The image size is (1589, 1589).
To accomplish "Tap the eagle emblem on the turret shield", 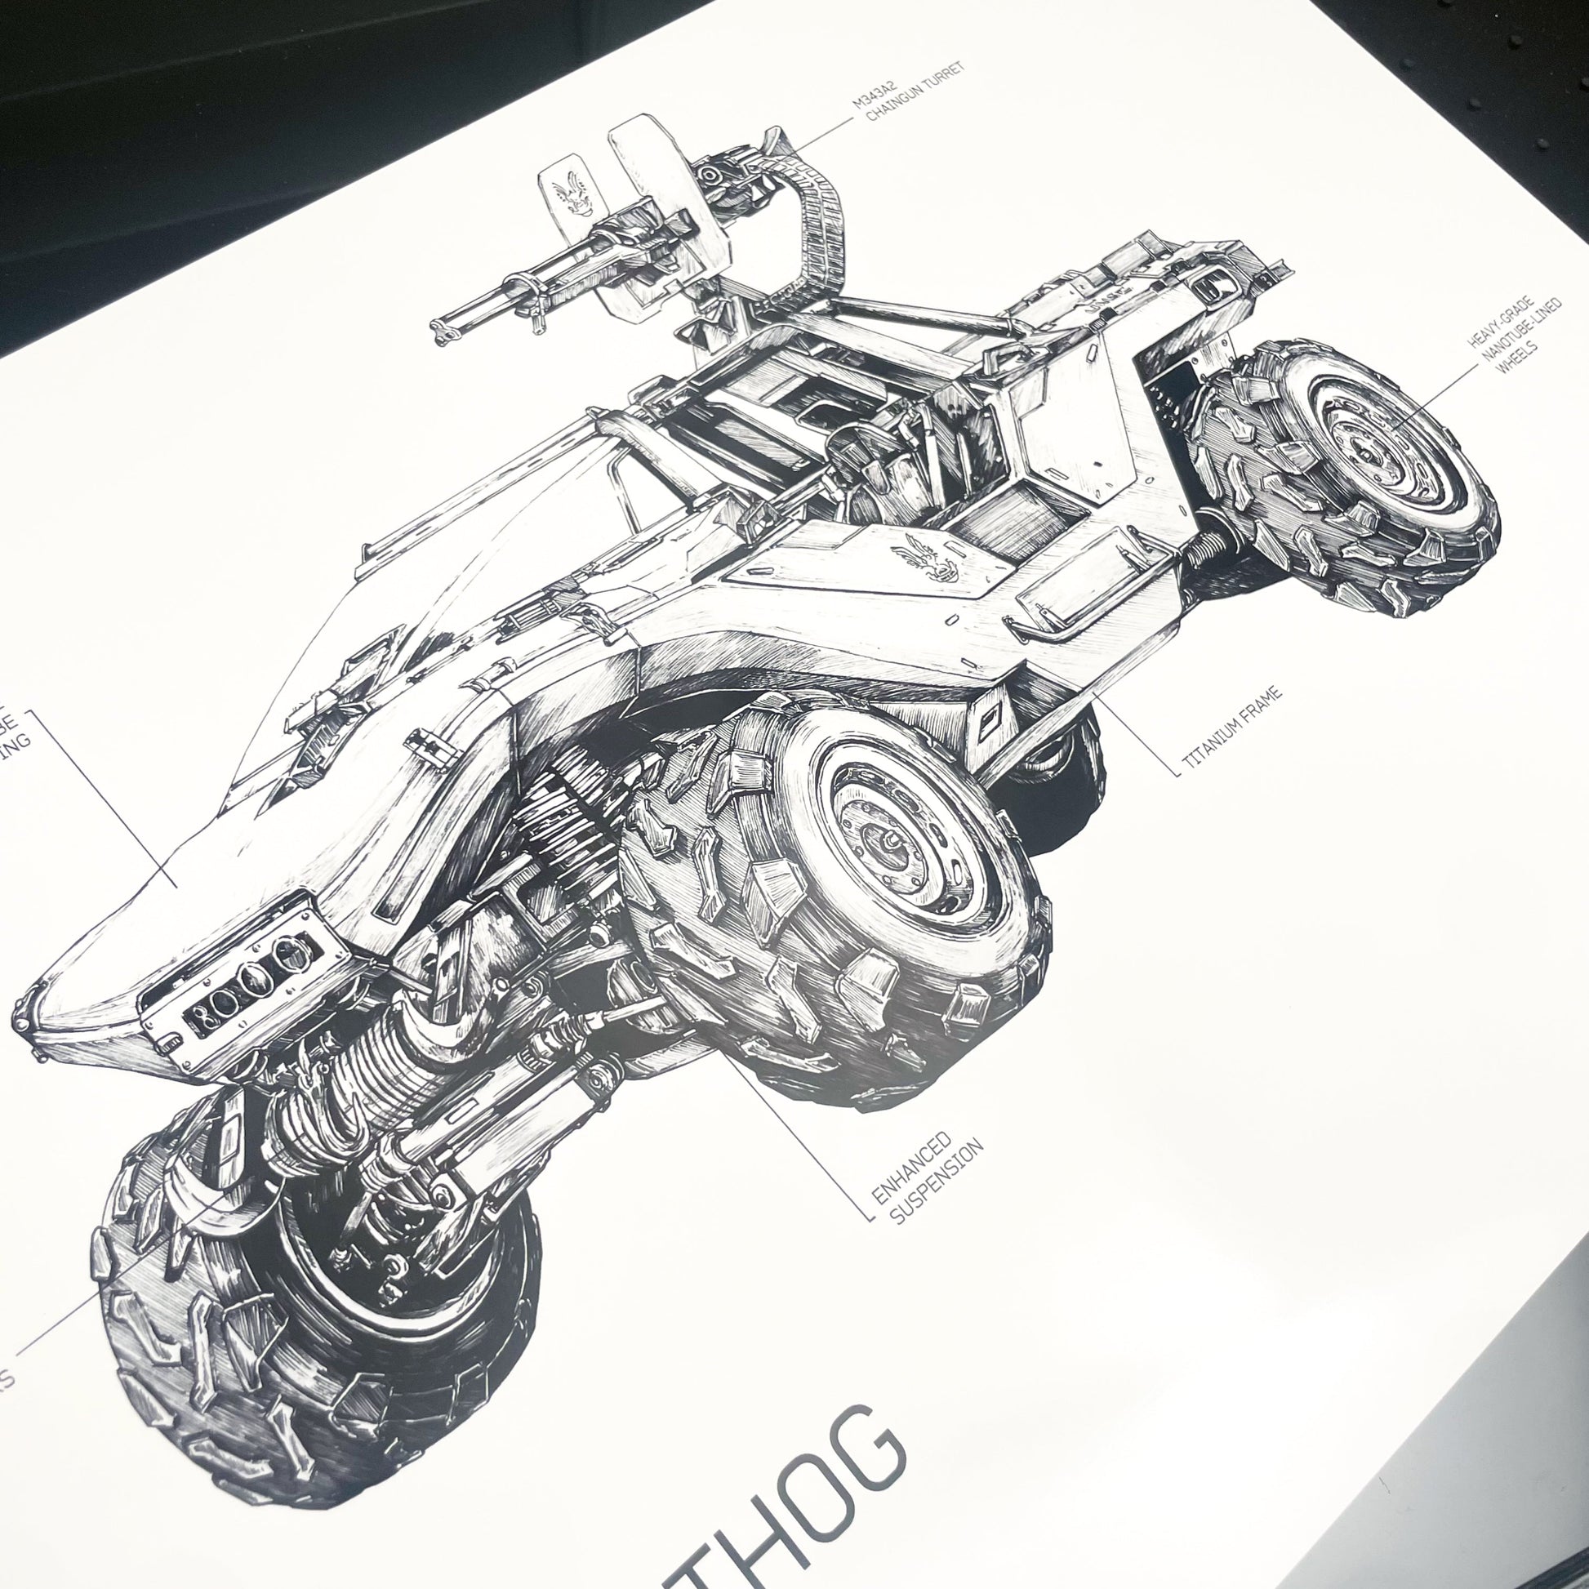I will [569, 194].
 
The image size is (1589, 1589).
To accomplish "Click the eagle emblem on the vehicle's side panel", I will [928, 557].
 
